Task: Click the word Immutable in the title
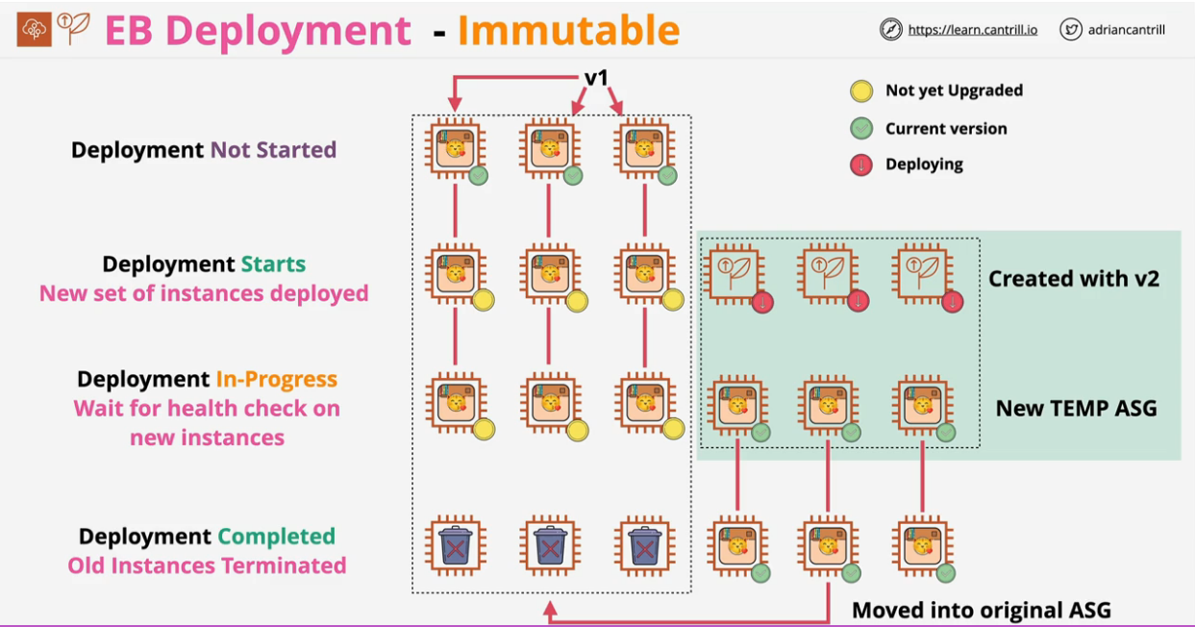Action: coord(568,31)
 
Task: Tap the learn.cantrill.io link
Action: coord(972,30)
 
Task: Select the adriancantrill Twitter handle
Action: coord(1127,30)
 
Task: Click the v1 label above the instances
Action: coord(596,78)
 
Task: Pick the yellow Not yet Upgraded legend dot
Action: coord(860,91)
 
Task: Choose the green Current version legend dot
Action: coord(860,129)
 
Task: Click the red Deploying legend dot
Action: coord(860,164)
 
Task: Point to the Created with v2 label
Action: coord(1074,279)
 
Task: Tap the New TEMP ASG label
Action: coord(1076,408)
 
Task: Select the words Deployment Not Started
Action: coord(204,150)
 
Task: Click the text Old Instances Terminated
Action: coord(207,565)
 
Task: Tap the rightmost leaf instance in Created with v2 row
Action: coord(922,274)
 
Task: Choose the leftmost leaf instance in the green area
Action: coord(735,274)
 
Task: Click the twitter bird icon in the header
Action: coord(1071,30)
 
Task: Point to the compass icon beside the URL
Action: coord(891,30)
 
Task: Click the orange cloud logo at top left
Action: coord(35,31)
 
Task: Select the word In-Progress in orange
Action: coord(276,379)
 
